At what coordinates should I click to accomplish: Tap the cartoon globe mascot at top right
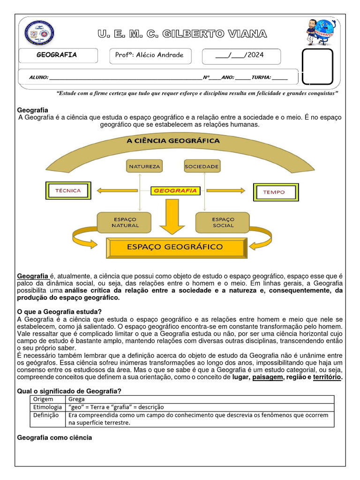[319, 32]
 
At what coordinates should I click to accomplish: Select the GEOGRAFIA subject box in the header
[57, 55]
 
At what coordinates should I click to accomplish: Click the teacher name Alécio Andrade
[150, 55]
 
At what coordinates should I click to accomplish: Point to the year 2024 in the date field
[255, 55]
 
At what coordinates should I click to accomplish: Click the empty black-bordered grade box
[317, 67]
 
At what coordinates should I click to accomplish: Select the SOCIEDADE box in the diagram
[202, 166]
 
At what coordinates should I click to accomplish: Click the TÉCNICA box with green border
[68, 191]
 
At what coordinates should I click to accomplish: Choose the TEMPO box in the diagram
[274, 192]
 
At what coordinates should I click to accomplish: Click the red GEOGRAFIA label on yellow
[175, 191]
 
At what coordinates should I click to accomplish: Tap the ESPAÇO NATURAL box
[124, 222]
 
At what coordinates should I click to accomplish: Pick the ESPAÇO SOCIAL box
[223, 222]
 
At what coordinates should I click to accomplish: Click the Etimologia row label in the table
[47, 407]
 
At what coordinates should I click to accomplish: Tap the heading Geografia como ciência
[54, 437]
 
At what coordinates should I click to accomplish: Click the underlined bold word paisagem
[267, 377]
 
